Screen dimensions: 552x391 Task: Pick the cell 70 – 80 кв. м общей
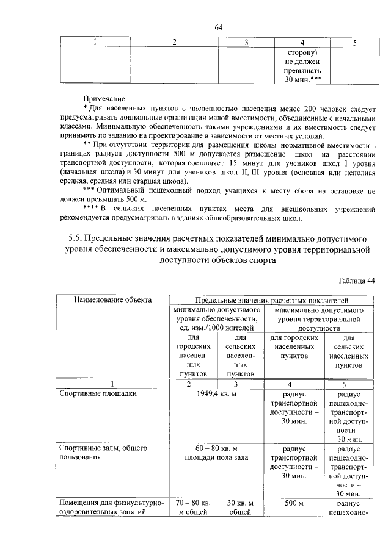tap(193, 507)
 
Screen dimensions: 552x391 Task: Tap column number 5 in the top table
tap(354, 42)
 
